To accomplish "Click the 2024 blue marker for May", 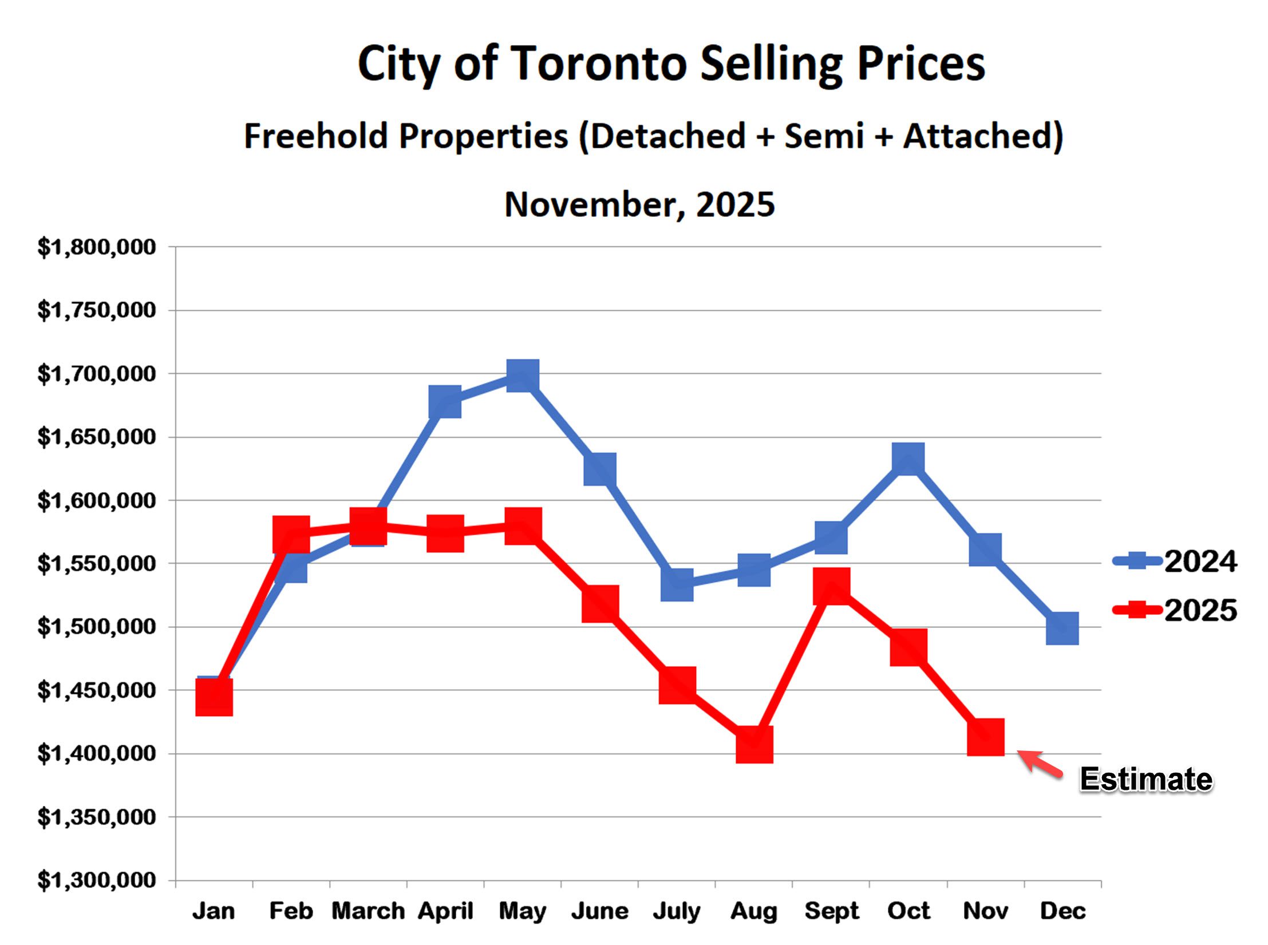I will (522, 375).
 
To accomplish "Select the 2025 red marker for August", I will (754, 744).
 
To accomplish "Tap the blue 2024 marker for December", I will (1062, 628).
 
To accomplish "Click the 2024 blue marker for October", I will (908, 458).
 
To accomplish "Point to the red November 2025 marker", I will (985, 737).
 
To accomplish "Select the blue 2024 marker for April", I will (445, 402).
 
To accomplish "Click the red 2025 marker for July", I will (677, 685).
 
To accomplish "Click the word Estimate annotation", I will (1145, 780).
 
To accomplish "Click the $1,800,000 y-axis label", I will (96, 247).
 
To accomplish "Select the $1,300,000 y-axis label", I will (96, 880).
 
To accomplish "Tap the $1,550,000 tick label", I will (96, 564).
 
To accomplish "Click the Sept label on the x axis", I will (831, 911).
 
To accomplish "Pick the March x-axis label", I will (368, 911).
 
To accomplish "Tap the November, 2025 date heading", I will (639, 204).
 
